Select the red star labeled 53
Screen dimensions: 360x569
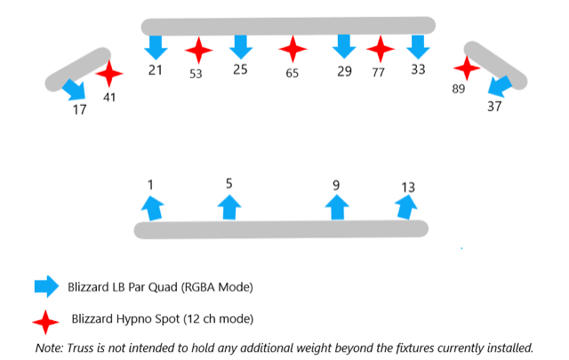point(198,51)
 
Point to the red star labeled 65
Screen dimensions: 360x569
point(293,50)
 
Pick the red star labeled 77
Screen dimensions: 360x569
point(381,50)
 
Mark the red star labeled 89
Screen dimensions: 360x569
point(467,67)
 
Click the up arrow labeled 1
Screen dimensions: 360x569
point(153,208)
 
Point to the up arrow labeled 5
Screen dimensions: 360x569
point(229,207)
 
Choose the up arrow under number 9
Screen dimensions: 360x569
point(336,207)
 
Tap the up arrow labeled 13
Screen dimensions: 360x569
point(406,206)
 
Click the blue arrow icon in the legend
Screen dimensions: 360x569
point(45,286)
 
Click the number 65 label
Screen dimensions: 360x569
point(293,73)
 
